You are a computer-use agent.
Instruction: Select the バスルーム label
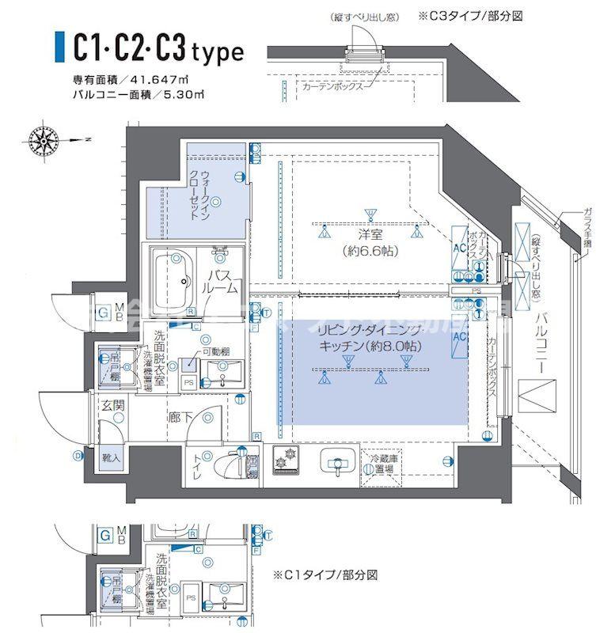pyautogui.click(x=221, y=259)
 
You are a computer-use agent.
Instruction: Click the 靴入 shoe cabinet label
pyautogui.click(x=111, y=457)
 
